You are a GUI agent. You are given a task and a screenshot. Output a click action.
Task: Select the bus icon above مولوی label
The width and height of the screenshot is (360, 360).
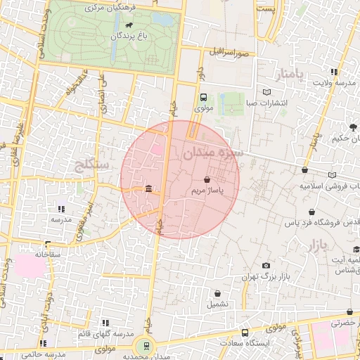tap(203, 98)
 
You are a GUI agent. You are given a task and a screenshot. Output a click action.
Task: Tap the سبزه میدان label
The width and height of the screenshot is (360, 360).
tap(211, 151)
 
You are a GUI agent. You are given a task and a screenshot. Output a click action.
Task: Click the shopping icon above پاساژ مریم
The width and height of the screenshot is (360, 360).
tap(207, 181)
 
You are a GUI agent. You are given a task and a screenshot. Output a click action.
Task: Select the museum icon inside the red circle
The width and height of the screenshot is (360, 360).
tap(148, 188)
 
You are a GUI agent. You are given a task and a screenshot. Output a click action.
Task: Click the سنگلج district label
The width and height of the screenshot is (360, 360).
tap(91, 165)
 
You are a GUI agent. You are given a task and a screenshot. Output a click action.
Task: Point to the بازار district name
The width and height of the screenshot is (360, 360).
tap(318, 246)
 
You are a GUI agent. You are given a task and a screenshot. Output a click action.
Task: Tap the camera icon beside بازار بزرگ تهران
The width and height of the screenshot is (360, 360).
tap(266, 265)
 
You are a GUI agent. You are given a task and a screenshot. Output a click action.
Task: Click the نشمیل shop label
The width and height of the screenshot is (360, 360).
tap(217, 304)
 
